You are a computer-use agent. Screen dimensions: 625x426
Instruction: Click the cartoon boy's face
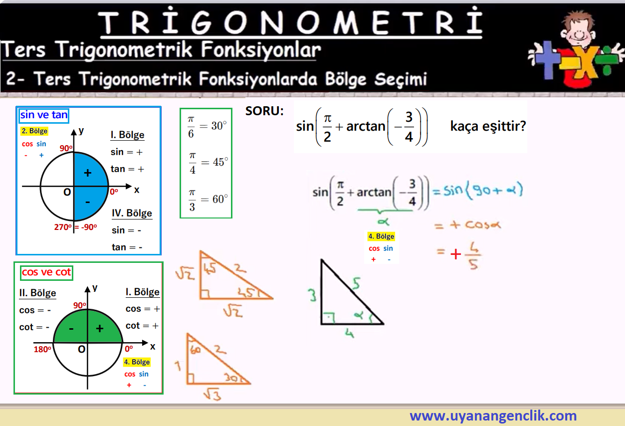tap(578, 31)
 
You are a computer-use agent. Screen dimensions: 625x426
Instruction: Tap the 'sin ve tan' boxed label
tap(43, 115)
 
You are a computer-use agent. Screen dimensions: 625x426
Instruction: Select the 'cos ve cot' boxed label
tap(46, 272)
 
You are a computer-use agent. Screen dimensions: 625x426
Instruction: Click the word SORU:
tap(264, 111)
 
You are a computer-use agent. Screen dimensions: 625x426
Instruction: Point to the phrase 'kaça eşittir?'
tap(488, 126)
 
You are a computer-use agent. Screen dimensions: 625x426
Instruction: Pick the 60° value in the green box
tap(220, 199)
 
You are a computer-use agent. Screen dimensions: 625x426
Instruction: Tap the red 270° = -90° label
tap(75, 227)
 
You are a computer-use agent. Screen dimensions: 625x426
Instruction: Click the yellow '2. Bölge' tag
tap(34, 131)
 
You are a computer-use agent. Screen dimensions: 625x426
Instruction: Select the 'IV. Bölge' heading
tap(132, 213)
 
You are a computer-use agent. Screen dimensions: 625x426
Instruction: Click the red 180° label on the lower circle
tap(42, 349)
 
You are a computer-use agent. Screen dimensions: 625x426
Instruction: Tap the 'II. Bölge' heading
tap(38, 293)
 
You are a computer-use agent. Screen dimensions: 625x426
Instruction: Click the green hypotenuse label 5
tap(356, 283)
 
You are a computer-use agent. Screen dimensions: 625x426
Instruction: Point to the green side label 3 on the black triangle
tap(312, 295)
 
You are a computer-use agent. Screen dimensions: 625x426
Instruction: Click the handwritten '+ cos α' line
tap(468, 225)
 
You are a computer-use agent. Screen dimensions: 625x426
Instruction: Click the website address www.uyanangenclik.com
tap(493, 416)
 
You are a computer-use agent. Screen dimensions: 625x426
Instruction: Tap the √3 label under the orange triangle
tap(212, 395)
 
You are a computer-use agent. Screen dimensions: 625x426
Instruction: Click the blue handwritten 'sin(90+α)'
tap(483, 191)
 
